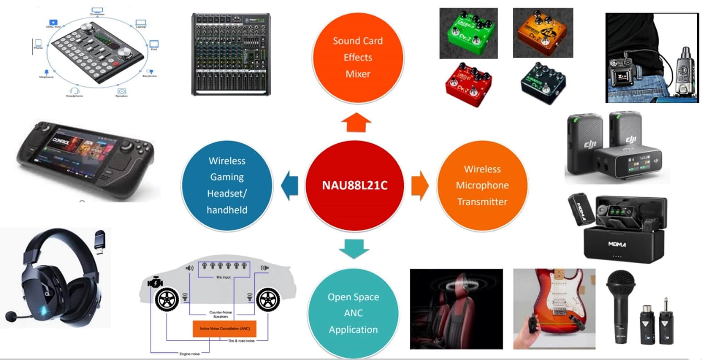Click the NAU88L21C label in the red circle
pyautogui.click(x=354, y=185)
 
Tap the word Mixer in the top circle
pyautogui.click(x=358, y=74)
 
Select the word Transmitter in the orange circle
pyautogui.click(x=482, y=202)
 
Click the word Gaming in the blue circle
pyautogui.click(x=227, y=177)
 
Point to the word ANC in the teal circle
pyautogui.click(x=353, y=313)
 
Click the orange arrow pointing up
pyautogui.click(x=356, y=122)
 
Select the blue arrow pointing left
pyautogui.click(x=290, y=186)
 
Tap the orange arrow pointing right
pyautogui.click(x=420, y=186)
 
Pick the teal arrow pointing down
pyautogui.click(x=354, y=248)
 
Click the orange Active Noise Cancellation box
pyautogui.click(x=224, y=328)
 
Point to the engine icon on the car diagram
pyautogui.click(x=155, y=283)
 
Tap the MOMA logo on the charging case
pyautogui.click(x=617, y=245)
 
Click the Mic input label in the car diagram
pyautogui.click(x=223, y=277)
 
